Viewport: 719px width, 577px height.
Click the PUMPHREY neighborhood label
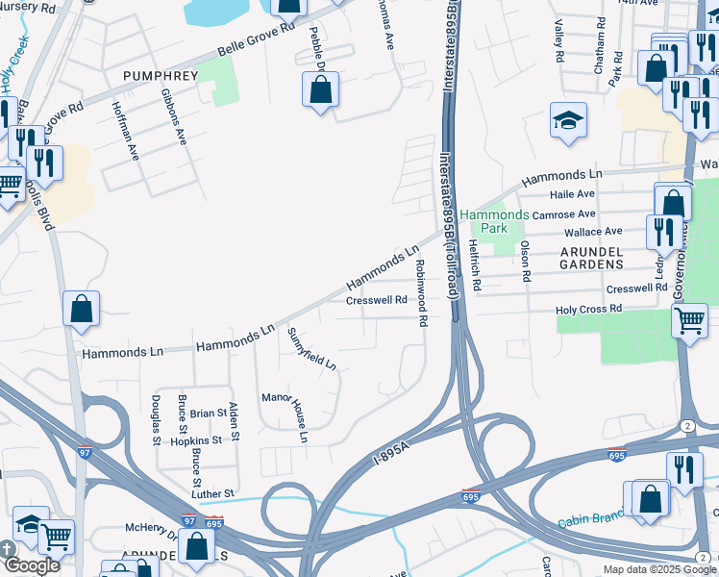coord(160,74)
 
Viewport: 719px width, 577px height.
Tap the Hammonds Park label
coord(493,221)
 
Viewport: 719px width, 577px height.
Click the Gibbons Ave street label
coord(173,117)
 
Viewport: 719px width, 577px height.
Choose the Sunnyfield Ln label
coord(312,349)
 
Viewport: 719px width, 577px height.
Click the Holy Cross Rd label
coord(590,310)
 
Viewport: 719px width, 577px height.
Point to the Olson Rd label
coord(525,261)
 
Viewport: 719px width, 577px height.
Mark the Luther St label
coord(213,493)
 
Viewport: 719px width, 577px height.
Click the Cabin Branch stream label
coord(586,522)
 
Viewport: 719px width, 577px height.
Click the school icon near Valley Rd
coord(568,121)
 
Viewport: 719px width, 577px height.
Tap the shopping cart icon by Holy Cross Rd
coord(689,320)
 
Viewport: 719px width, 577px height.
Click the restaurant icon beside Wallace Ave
coord(664,231)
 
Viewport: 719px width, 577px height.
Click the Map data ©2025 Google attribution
coord(659,569)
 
